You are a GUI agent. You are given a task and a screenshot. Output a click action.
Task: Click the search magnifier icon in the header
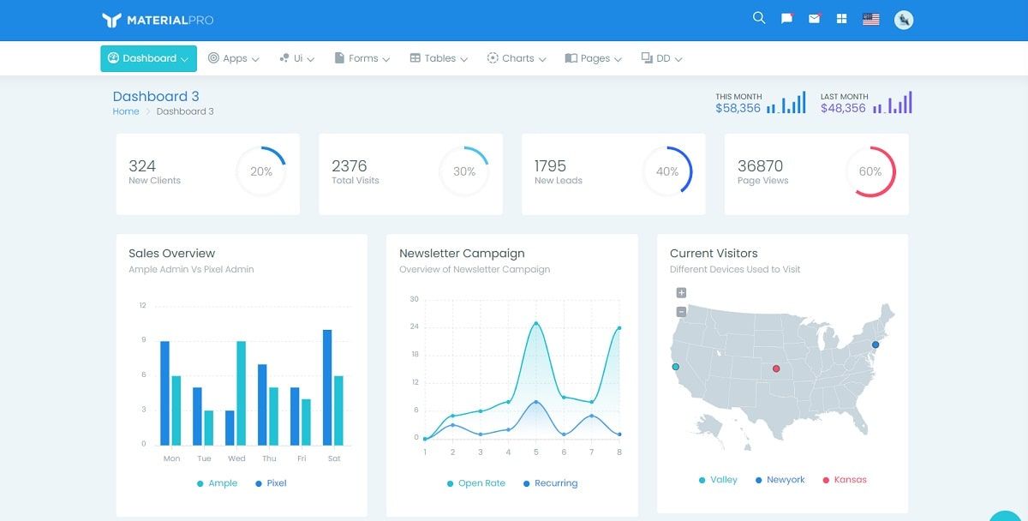coord(759,18)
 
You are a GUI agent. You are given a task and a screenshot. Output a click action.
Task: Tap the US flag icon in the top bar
coord(870,19)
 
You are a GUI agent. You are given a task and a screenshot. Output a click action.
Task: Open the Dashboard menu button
coord(148,58)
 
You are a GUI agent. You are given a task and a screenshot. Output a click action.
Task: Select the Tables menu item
coord(439,58)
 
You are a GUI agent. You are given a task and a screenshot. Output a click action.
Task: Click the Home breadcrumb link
coord(126,111)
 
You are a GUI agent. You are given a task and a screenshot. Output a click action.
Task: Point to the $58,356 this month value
coord(738,108)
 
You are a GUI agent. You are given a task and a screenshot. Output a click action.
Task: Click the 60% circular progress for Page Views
coord(870,171)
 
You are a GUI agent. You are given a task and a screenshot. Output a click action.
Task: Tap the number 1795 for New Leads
coord(550,166)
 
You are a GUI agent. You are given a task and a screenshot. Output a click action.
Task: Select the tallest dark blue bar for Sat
coord(327,387)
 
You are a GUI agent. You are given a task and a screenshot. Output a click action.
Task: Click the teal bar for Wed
coord(242,392)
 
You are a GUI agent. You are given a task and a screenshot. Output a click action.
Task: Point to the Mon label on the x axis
coord(171,458)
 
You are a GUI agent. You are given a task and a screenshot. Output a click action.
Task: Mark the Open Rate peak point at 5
coord(536,323)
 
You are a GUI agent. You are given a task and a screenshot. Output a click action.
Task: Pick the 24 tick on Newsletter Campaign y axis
coord(414,326)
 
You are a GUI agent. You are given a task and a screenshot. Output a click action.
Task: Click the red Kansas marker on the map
coord(776,368)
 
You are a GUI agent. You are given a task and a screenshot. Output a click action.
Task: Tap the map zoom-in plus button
coord(681,293)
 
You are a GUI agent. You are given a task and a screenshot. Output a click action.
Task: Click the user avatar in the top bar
coord(904,20)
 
